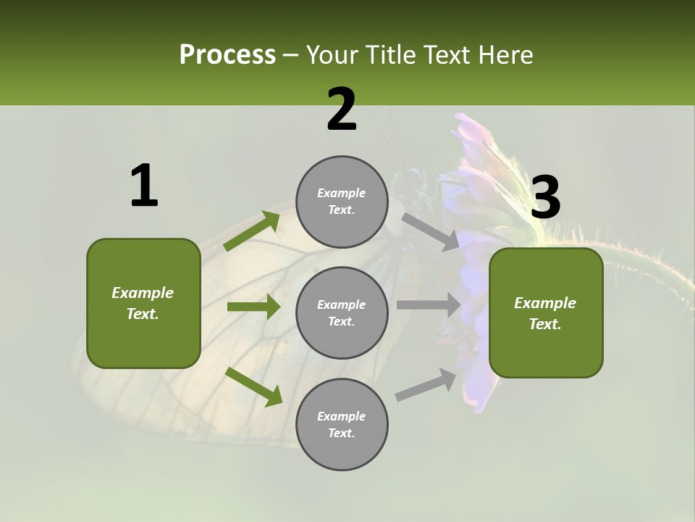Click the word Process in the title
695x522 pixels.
227,55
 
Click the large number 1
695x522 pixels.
144,186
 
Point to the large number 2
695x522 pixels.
342,109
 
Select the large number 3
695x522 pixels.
546,198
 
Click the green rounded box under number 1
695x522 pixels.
143,303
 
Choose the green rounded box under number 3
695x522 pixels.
546,312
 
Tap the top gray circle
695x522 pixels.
342,202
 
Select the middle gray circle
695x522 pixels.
342,312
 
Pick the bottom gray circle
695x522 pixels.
342,424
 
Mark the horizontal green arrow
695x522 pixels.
253,307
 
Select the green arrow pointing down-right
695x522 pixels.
253,386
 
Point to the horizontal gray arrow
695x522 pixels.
429,305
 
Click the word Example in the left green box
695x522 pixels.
143,293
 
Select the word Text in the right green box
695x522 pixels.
544,324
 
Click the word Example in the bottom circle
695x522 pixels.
341,416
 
